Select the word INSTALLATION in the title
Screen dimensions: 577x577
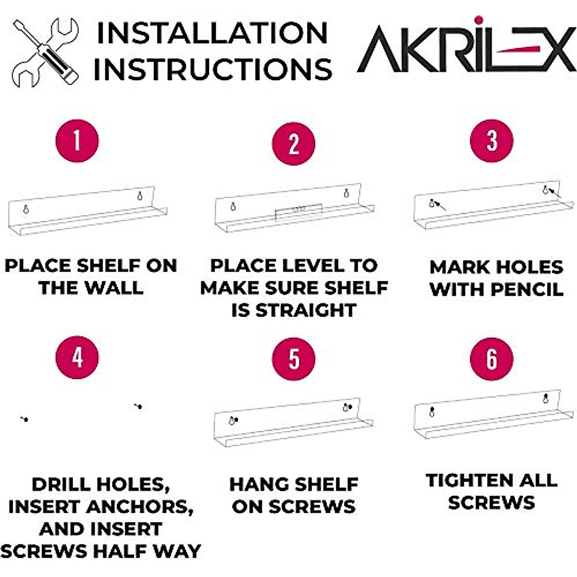212,34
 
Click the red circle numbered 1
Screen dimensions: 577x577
77,141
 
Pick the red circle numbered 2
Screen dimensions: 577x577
293,144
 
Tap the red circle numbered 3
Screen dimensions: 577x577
491,141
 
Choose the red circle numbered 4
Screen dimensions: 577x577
77,357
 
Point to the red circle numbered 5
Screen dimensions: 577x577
293,359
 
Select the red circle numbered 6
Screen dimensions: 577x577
491,359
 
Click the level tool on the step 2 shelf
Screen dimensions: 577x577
298,210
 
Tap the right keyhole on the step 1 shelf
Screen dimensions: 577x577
140,195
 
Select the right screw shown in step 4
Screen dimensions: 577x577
138,406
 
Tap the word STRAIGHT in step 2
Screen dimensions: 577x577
305,311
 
